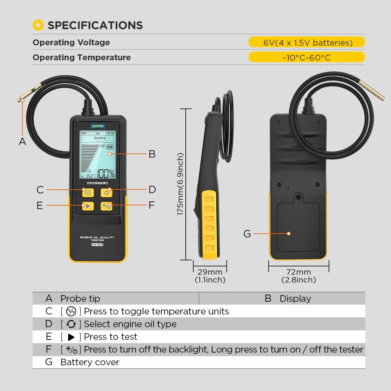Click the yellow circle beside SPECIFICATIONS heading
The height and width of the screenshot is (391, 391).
click(x=38, y=25)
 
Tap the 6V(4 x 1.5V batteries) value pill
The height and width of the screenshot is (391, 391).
click(x=307, y=42)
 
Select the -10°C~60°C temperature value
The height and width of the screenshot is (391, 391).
click(x=307, y=57)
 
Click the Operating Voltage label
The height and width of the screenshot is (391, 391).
click(x=71, y=42)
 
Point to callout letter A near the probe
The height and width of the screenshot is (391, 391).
click(x=22, y=142)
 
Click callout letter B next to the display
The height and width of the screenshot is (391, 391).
click(x=152, y=154)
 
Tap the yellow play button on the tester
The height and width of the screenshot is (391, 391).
click(x=88, y=206)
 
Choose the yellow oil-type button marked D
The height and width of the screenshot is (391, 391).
click(x=107, y=193)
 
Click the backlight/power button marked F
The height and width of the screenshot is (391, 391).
click(x=107, y=206)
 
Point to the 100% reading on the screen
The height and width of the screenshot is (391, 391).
click(x=106, y=173)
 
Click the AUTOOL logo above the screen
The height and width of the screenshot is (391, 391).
click(x=97, y=126)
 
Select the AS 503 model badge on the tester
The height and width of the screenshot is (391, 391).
click(x=97, y=245)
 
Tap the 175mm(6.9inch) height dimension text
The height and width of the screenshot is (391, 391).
click(x=180, y=184)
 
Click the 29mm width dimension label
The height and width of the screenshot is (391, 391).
click(x=210, y=272)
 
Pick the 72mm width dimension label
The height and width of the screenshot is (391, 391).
click(x=298, y=272)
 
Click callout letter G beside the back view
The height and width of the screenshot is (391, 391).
click(x=247, y=234)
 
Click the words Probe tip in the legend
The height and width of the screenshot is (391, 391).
click(x=80, y=298)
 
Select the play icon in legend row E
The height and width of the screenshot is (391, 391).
click(x=71, y=337)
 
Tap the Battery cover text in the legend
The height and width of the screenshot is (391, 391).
click(x=90, y=362)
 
